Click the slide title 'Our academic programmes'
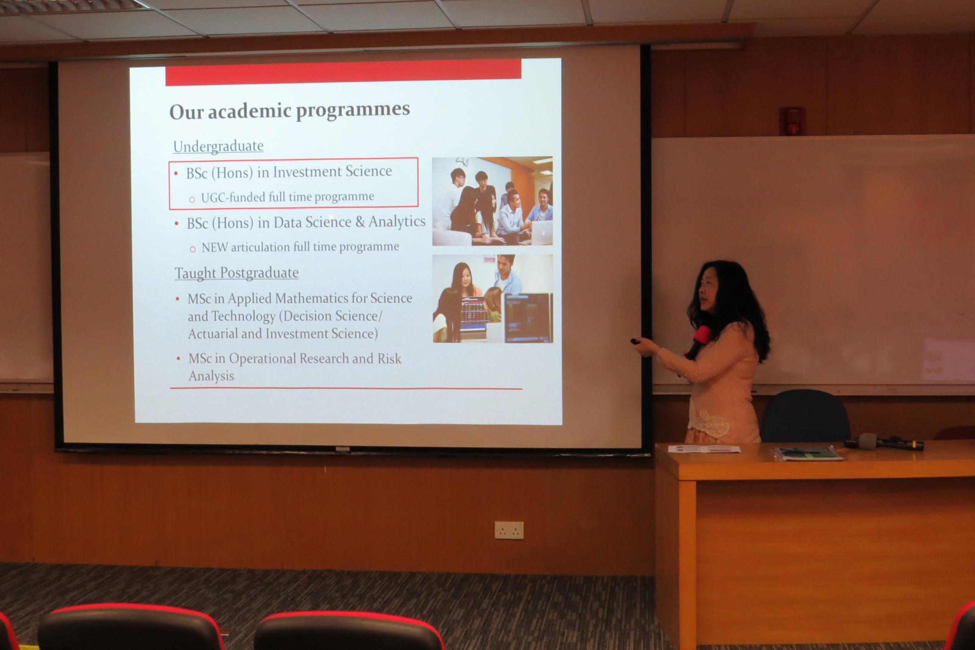(x=290, y=111)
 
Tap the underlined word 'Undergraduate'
(x=218, y=146)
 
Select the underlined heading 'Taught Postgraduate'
(x=237, y=273)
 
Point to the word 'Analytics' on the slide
(x=397, y=221)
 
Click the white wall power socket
(x=509, y=530)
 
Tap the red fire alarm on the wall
(x=792, y=120)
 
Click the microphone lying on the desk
(x=884, y=442)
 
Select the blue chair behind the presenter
(x=804, y=417)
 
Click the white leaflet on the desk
(x=704, y=449)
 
